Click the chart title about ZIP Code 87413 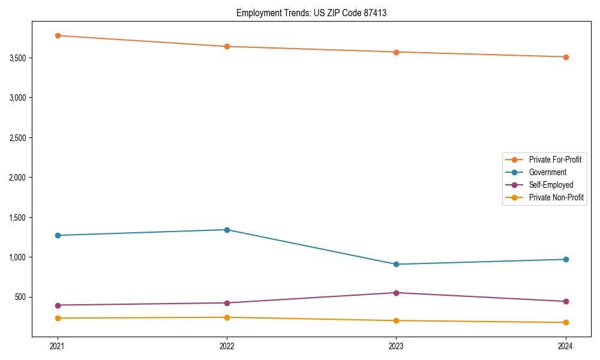(x=311, y=13)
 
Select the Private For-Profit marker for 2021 (x=58, y=35)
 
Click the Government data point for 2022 (x=227, y=230)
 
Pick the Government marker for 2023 (x=396, y=264)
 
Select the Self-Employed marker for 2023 (x=396, y=293)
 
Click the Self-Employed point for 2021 (x=58, y=305)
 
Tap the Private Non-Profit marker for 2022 (x=227, y=317)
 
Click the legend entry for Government (x=547, y=172)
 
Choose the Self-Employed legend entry (x=551, y=185)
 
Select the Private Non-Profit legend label (x=556, y=197)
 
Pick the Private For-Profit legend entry (x=555, y=160)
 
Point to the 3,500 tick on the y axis (x=17, y=58)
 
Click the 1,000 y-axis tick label (x=17, y=257)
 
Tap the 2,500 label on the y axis (x=17, y=138)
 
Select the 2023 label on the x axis (x=396, y=346)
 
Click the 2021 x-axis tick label (x=58, y=346)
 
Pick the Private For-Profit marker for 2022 (x=227, y=46)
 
